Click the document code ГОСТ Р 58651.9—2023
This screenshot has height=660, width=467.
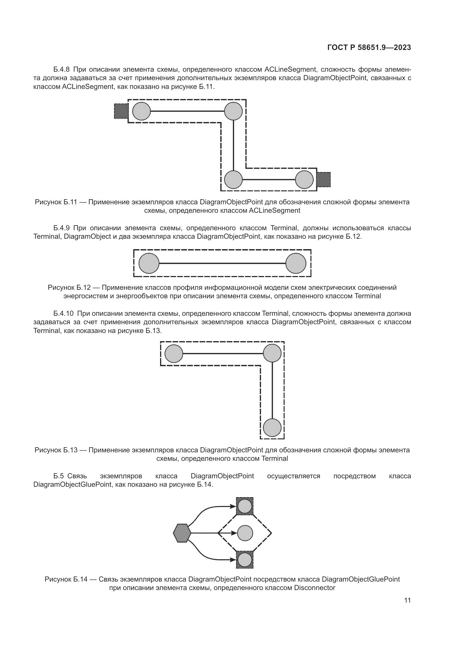tap(369, 47)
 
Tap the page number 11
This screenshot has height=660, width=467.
tap(407, 600)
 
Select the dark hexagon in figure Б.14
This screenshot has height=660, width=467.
tap(182, 533)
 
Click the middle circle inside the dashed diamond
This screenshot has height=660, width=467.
tap(245, 533)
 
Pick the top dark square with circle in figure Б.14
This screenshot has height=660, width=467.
tap(245, 506)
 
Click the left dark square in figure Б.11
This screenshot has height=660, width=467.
tap(121, 111)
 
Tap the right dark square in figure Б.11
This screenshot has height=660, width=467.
tap(324, 180)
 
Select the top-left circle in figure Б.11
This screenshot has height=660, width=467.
tap(141, 111)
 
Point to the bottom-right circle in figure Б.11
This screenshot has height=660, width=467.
tap(304, 180)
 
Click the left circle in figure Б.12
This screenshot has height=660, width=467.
tap(149, 263)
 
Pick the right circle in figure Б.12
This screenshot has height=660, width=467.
tap(296, 263)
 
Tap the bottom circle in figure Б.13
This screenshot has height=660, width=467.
tap(272, 428)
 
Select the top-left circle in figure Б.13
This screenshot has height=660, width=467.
tap(174, 354)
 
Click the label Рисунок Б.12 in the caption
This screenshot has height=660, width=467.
tap(69, 288)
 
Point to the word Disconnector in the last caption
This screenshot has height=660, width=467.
tap(315, 587)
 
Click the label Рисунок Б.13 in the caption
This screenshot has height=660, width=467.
tap(56, 450)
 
